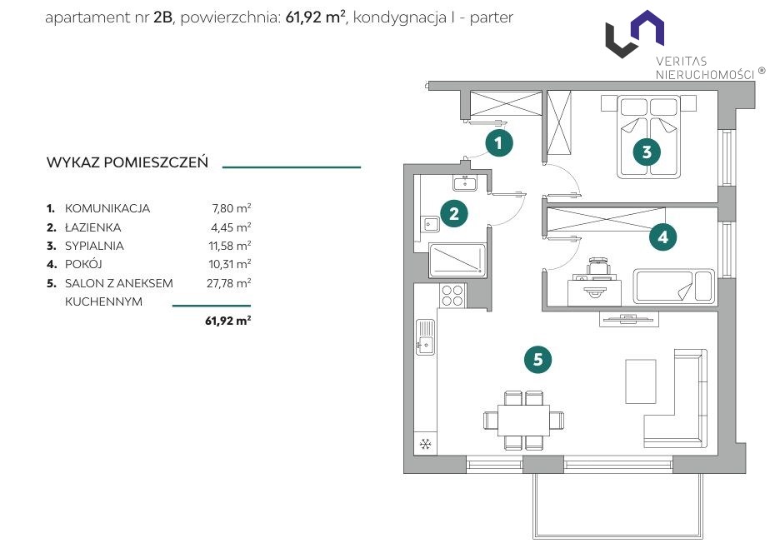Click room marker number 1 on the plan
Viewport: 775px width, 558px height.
point(498,143)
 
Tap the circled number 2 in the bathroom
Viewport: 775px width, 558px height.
point(453,213)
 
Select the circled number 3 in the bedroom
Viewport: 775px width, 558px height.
point(647,152)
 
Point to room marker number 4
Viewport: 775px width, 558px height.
point(662,237)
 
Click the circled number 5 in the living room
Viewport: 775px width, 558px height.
point(537,360)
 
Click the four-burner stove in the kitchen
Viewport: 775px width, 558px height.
point(452,296)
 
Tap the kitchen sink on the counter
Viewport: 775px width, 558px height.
point(425,336)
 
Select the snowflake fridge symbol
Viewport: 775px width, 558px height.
point(425,445)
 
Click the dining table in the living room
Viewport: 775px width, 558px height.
point(523,420)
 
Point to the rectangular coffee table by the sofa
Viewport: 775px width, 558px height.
point(641,381)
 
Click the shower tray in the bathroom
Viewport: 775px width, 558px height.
point(457,260)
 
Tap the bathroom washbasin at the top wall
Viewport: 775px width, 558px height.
point(465,183)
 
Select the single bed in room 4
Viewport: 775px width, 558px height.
point(673,286)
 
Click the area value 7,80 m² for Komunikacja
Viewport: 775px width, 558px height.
point(232,208)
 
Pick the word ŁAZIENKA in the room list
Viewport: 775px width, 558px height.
point(93,227)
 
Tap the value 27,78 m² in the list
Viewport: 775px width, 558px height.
point(229,283)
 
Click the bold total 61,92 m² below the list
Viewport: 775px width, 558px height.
point(227,321)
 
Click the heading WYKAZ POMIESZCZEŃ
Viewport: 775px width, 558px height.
point(127,162)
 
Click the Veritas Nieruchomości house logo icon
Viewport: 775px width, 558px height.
point(635,33)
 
